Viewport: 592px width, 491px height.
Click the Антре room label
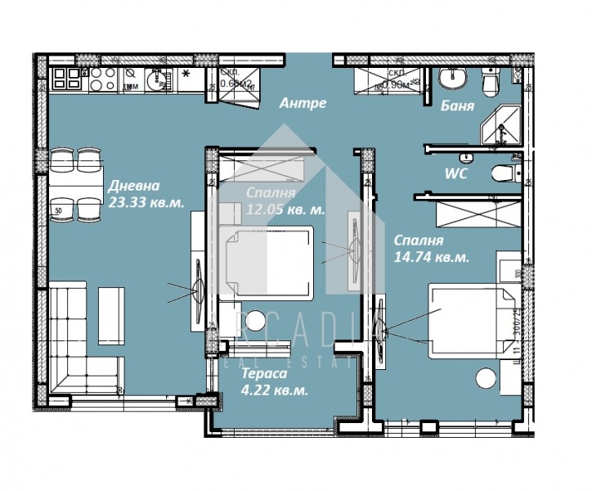coord(303,103)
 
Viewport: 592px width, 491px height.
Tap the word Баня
coord(457,106)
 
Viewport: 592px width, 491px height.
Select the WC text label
coord(455,174)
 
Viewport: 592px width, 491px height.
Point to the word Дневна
coord(132,186)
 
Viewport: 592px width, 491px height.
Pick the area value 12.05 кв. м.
coord(285,209)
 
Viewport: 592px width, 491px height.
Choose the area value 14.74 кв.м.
coord(431,257)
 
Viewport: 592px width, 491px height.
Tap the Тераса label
coord(263,374)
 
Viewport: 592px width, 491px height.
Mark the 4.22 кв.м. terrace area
coord(275,390)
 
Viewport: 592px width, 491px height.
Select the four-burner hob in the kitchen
coord(101,79)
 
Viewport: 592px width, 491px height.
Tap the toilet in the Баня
coord(491,81)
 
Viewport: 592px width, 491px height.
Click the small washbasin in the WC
coord(465,157)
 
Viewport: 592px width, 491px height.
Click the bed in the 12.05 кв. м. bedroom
coord(270,262)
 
